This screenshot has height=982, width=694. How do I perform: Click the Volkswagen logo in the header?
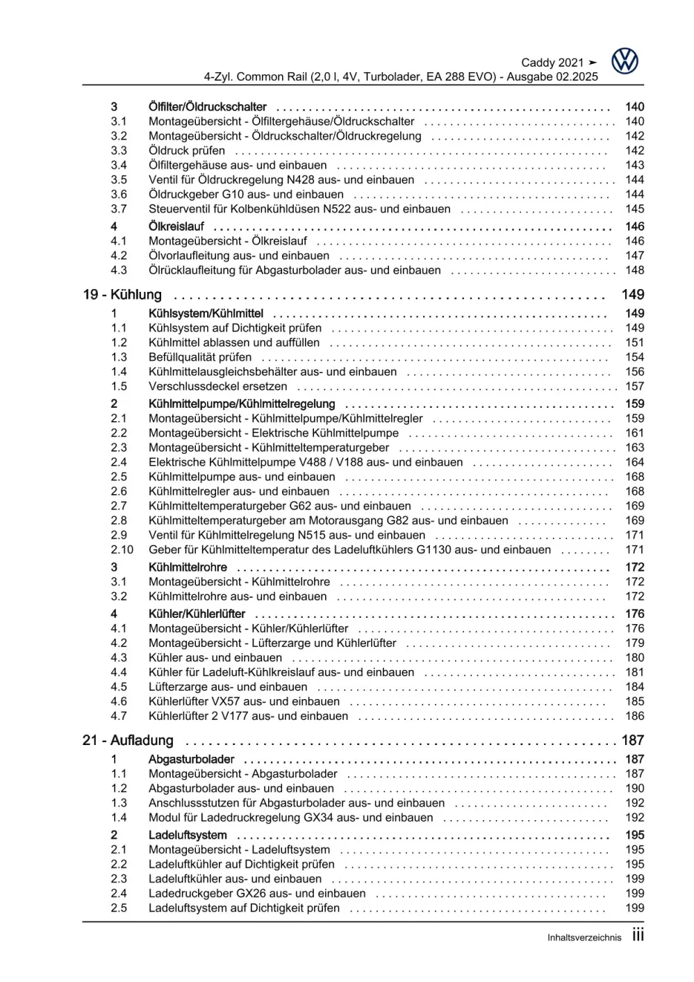[625, 62]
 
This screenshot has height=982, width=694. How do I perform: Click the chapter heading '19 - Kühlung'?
[122, 295]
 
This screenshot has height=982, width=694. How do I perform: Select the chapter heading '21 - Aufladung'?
[128, 741]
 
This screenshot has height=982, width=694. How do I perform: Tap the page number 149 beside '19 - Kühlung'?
[633, 295]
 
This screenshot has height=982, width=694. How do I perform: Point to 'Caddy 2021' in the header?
[552, 63]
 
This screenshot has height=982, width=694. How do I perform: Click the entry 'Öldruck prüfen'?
[187, 151]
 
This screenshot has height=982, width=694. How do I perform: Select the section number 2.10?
[122, 550]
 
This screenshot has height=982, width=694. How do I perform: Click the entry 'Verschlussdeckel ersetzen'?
[217, 386]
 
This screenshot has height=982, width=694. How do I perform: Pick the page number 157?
[634, 386]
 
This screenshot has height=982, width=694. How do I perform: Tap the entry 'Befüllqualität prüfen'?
[200, 357]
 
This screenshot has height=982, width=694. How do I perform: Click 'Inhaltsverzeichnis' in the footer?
[584, 938]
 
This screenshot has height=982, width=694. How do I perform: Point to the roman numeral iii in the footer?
[638, 935]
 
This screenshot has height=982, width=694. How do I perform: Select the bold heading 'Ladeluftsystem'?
[188, 835]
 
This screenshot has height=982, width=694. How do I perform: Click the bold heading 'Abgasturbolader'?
[191, 760]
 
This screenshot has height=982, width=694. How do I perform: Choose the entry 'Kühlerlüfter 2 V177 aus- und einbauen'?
[248, 716]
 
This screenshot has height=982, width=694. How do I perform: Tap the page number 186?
[634, 716]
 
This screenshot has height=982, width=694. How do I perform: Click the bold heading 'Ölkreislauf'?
[176, 227]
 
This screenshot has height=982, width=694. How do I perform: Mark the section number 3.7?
[119, 209]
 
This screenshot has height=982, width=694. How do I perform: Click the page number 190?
[634, 789]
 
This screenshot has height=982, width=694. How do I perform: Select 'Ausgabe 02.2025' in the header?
[552, 77]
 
